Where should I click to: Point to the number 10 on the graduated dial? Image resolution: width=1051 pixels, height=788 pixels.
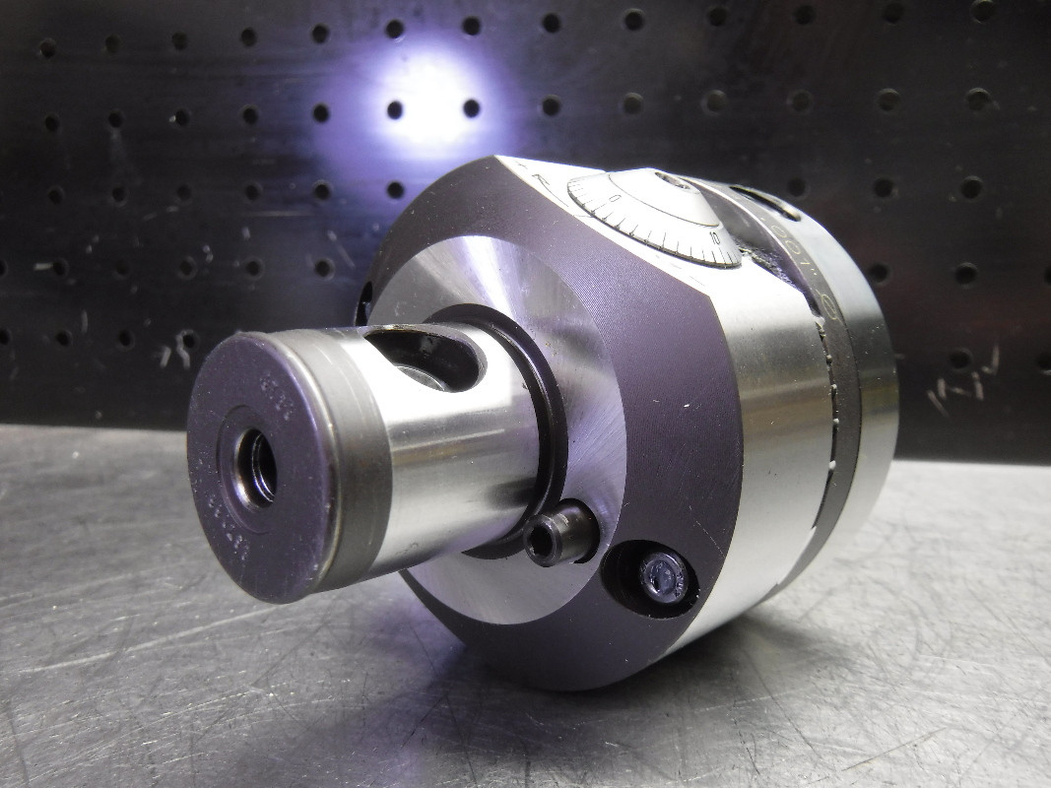715,237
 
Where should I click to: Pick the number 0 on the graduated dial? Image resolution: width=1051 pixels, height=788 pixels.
614,198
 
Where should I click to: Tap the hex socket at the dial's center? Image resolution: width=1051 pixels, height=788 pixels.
674,180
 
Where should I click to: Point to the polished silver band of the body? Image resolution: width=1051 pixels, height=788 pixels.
778,414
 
